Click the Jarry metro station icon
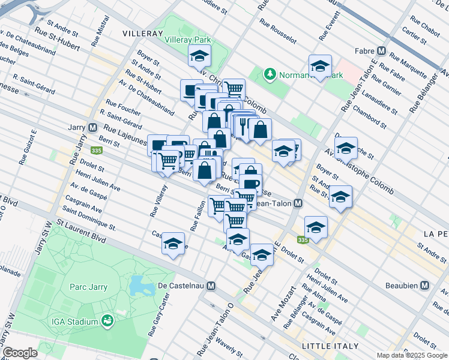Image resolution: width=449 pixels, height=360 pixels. coord(93,128)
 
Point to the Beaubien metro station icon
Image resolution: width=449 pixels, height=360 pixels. coord(425,285)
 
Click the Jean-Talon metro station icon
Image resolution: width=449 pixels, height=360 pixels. coord(298,203)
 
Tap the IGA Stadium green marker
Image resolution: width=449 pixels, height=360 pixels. coord(107,322)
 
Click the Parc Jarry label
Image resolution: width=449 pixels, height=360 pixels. coord(87,287)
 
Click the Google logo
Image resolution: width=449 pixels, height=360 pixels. coord(20,353)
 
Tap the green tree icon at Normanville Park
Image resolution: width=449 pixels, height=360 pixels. coord(270,74)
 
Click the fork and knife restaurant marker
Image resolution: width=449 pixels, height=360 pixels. coord(244,124)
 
